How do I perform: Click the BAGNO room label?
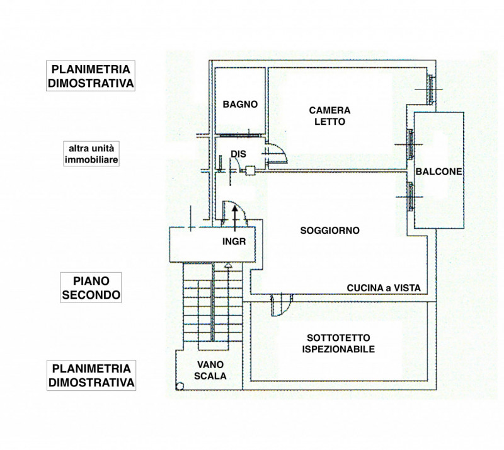coord(240,105)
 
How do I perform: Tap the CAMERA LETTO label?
coord(329,116)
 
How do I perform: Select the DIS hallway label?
coord(238,153)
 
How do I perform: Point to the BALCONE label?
coord(439,171)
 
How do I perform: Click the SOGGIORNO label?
coord(330,231)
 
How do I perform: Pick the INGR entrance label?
coord(234,241)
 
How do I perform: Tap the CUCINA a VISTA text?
coord(387,288)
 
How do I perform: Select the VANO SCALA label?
coord(211,370)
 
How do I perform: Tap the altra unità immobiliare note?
coord(92,154)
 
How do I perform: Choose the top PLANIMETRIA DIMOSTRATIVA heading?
coord(92,76)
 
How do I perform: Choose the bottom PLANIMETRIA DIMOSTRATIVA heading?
coord(92,375)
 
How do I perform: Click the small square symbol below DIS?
coord(249,170)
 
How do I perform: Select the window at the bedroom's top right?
coord(429,88)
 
